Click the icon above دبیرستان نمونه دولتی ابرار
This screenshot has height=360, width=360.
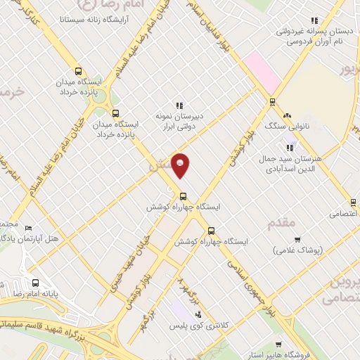click(x=179, y=105)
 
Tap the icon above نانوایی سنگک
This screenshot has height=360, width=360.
click(x=286, y=115)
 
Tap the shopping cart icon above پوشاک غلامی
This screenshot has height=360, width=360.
click(x=297, y=239)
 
